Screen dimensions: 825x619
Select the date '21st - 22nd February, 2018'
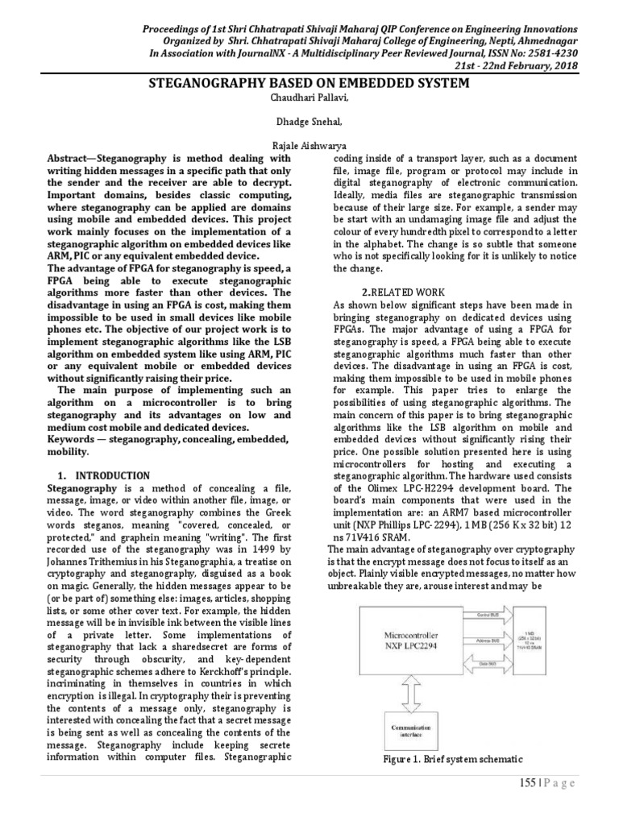point(522,64)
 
